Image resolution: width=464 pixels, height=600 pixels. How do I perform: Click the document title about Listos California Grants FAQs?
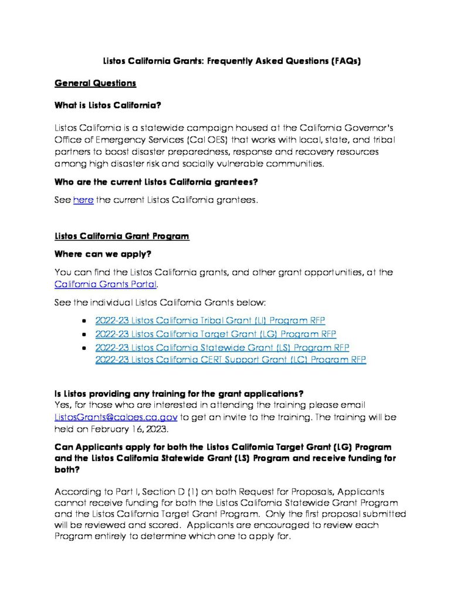(x=232, y=61)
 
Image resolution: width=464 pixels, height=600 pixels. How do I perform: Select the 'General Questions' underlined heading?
(x=95, y=83)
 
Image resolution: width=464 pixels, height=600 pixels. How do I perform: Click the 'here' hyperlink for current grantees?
(x=83, y=200)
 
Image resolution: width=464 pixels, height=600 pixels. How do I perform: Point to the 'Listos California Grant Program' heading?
(x=121, y=236)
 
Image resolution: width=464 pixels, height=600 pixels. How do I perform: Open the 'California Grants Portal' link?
(x=106, y=285)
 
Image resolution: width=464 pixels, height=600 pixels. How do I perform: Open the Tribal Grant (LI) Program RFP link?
(x=210, y=320)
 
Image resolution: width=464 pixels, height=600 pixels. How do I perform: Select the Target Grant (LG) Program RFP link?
(x=215, y=334)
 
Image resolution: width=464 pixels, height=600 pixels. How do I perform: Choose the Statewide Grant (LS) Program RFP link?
(x=222, y=347)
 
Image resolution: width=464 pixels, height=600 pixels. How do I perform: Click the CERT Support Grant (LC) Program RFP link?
(x=231, y=360)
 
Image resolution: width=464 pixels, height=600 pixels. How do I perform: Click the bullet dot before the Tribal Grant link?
(x=85, y=321)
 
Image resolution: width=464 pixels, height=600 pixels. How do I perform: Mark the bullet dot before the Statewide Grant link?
(x=85, y=348)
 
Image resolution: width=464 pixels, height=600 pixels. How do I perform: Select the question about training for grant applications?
(x=178, y=392)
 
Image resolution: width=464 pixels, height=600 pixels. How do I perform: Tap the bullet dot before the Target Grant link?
(x=85, y=335)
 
